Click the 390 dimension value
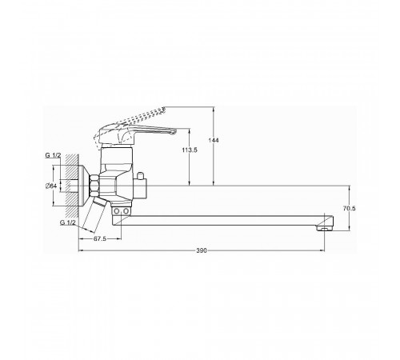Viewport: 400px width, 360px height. [x=202, y=250]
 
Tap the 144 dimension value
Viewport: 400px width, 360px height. [x=214, y=140]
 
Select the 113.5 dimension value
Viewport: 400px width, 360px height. [x=190, y=150]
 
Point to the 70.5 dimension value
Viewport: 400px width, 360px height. [x=350, y=209]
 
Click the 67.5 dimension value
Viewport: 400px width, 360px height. [x=100, y=239]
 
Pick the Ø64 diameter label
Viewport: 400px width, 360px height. [x=51, y=186]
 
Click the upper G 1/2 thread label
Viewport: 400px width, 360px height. [x=53, y=155]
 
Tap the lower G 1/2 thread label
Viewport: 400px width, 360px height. [x=68, y=222]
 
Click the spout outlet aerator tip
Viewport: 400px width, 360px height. [x=324, y=228]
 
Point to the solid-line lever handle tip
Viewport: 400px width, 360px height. [x=174, y=131]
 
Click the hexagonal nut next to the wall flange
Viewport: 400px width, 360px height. [x=94, y=186]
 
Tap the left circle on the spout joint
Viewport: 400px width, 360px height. [x=117, y=211]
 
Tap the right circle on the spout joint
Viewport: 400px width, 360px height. [x=126, y=211]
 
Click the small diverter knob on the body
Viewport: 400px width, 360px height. [x=140, y=176]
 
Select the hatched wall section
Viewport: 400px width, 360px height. [x=72, y=186]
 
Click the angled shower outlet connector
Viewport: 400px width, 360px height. [x=95, y=214]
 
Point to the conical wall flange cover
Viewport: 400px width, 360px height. [x=84, y=186]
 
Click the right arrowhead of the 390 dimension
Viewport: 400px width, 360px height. [x=322, y=250]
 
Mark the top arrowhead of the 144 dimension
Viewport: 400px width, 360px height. [x=214, y=109]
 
